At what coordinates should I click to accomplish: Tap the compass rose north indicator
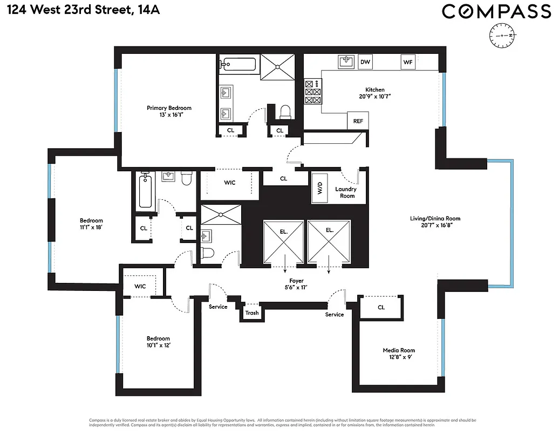(x=502, y=35)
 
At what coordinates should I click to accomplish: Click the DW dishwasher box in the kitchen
(x=365, y=62)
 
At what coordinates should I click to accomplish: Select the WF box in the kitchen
(x=408, y=62)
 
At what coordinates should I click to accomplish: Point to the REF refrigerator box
(x=358, y=121)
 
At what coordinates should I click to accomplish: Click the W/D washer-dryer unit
(x=320, y=188)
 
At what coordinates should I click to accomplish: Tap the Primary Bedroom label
(x=169, y=112)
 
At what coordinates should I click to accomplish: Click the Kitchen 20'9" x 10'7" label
(x=374, y=93)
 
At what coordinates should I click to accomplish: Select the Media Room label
(x=398, y=353)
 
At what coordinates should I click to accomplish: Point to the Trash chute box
(x=252, y=312)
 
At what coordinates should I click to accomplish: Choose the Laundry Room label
(x=345, y=192)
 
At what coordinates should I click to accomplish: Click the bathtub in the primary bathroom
(x=239, y=65)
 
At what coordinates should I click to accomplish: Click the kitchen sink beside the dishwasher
(x=346, y=62)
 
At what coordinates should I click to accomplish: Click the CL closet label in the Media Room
(x=381, y=308)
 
